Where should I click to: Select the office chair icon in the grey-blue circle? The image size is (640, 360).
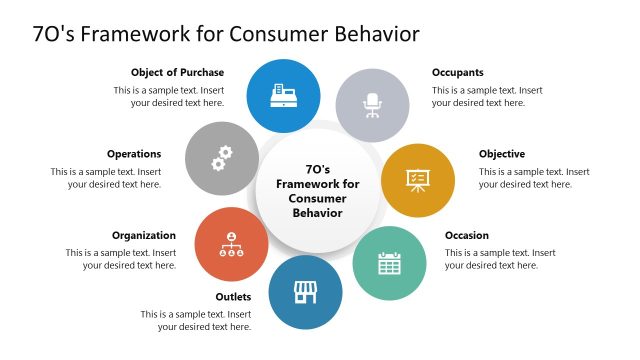click(372, 104)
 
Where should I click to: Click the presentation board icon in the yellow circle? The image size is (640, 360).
click(417, 180)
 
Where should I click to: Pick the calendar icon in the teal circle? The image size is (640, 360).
click(389, 263)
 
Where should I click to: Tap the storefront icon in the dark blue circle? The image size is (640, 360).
click(304, 292)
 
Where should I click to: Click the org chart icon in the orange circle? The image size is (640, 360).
click(232, 245)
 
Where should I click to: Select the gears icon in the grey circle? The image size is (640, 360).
click(222, 158)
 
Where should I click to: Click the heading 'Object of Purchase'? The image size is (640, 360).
click(177, 72)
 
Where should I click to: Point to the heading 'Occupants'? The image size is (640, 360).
click(458, 72)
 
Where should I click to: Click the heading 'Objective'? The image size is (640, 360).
click(502, 154)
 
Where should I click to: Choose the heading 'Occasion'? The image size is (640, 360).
click(467, 236)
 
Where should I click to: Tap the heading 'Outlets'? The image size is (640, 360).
click(233, 297)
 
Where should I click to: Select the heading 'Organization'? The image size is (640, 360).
click(144, 236)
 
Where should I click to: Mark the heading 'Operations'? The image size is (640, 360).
click(134, 154)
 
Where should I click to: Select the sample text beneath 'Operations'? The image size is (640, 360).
click(106, 178)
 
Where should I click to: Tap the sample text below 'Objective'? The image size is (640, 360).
click(534, 178)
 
